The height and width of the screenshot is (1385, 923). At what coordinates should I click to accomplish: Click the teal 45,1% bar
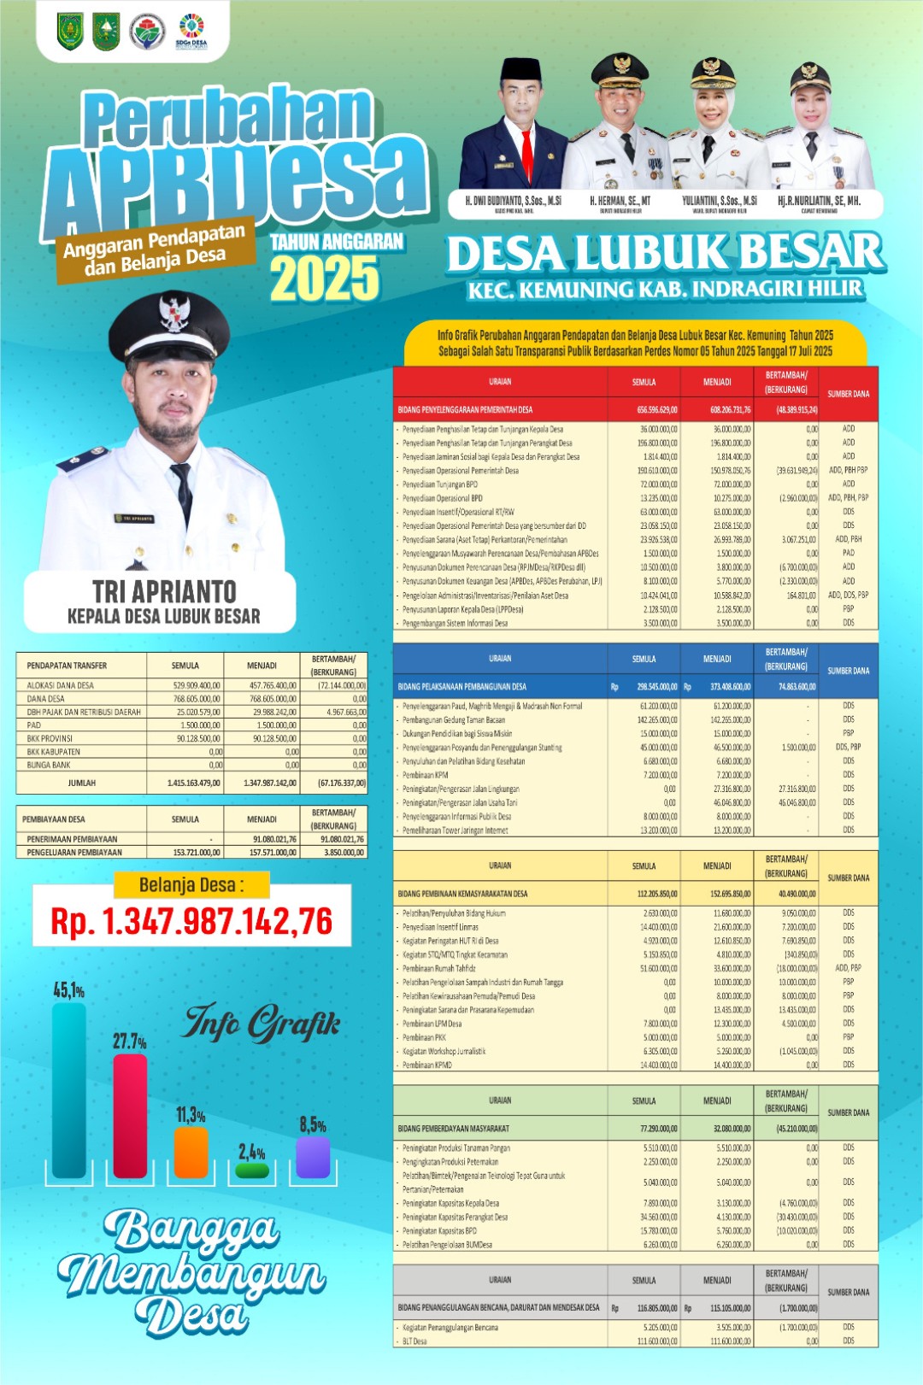pyautogui.click(x=68, y=1090)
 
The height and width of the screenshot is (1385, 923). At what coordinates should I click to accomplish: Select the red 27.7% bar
pyautogui.click(x=130, y=1116)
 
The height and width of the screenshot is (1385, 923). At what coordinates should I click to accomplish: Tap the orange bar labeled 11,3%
pyautogui.click(x=191, y=1152)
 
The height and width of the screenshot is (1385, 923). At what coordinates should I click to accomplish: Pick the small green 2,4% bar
pyautogui.click(x=252, y=1170)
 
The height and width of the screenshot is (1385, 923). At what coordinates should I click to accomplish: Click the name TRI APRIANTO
pyautogui.click(x=164, y=591)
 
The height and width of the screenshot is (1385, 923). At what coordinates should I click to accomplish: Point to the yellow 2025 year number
pyautogui.click(x=325, y=279)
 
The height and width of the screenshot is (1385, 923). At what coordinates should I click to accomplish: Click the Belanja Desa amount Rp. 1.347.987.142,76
pyautogui.click(x=191, y=921)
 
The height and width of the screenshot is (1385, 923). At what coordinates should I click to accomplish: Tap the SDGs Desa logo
pyautogui.click(x=191, y=32)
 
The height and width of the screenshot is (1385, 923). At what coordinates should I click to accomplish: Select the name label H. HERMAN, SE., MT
pyautogui.click(x=620, y=201)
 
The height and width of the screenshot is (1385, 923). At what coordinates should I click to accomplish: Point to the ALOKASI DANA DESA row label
pyautogui.click(x=61, y=685)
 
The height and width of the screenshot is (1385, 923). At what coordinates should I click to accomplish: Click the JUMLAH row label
pyautogui.click(x=82, y=783)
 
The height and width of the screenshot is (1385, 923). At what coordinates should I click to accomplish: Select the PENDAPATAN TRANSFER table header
pyautogui.click(x=67, y=665)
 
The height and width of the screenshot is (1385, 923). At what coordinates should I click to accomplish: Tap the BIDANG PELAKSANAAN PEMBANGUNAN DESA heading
pyautogui.click(x=461, y=686)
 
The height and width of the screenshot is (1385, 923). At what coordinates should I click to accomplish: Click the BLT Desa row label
pyautogui.click(x=414, y=1341)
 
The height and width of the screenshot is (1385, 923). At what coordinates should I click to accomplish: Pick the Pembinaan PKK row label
pyautogui.click(x=425, y=1037)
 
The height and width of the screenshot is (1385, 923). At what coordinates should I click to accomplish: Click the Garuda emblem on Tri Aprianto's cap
pyautogui.click(x=174, y=313)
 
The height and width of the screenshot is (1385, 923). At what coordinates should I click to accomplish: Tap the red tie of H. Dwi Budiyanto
pyautogui.click(x=527, y=153)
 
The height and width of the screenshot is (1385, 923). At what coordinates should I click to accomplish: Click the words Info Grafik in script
pyautogui.click(x=262, y=1023)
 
